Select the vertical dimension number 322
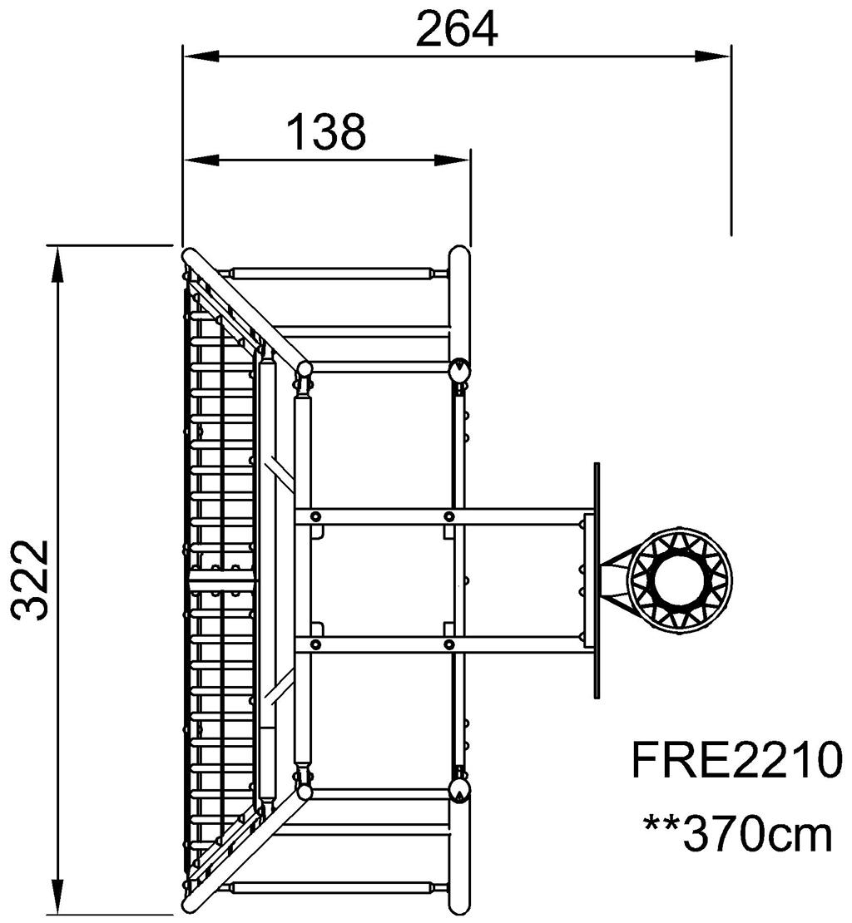click(x=29, y=580)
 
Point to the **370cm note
click(x=739, y=833)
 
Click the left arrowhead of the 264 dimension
click(x=201, y=57)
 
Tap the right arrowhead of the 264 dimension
click(x=712, y=57)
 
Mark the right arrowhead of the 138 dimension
click(x=452, y=160)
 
